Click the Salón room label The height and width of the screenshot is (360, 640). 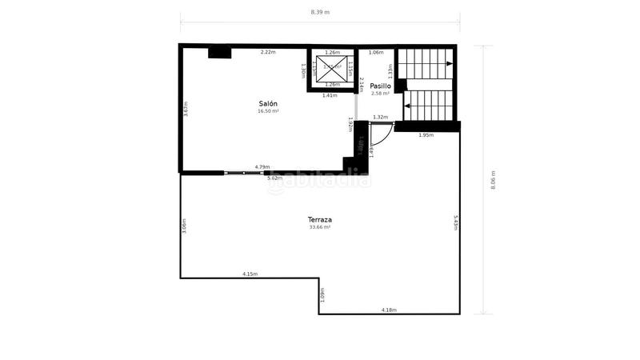(x=268, y=104)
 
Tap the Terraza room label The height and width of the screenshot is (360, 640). (x=320, y=219)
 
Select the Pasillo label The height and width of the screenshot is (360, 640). (x=380, y=86)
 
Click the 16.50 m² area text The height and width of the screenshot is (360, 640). (x=268, y=111)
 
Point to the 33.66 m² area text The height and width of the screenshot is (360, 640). (x=320, y=227)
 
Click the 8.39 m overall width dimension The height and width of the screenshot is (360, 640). (x=320, y=12)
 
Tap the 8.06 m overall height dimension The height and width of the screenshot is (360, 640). (x=494, y=179)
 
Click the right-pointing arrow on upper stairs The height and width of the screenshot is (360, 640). (x=450, y=63)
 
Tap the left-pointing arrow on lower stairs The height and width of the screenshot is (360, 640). (x=407, y=105)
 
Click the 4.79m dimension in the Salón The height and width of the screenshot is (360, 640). (x=262, y=167)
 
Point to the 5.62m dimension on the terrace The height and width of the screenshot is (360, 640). (x=274, y=178)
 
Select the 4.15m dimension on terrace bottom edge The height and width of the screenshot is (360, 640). (x=250, y=274)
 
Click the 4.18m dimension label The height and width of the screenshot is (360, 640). (x=389, y=310)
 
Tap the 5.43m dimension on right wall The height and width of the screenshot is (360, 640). (x=455, y=222)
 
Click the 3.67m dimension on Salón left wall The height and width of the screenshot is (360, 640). (x=186, y=109)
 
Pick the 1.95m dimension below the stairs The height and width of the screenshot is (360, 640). (x=426, y=135)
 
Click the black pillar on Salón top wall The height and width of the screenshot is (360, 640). (x=219, y=53)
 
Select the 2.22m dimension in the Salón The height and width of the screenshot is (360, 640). (x=267, y=53)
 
